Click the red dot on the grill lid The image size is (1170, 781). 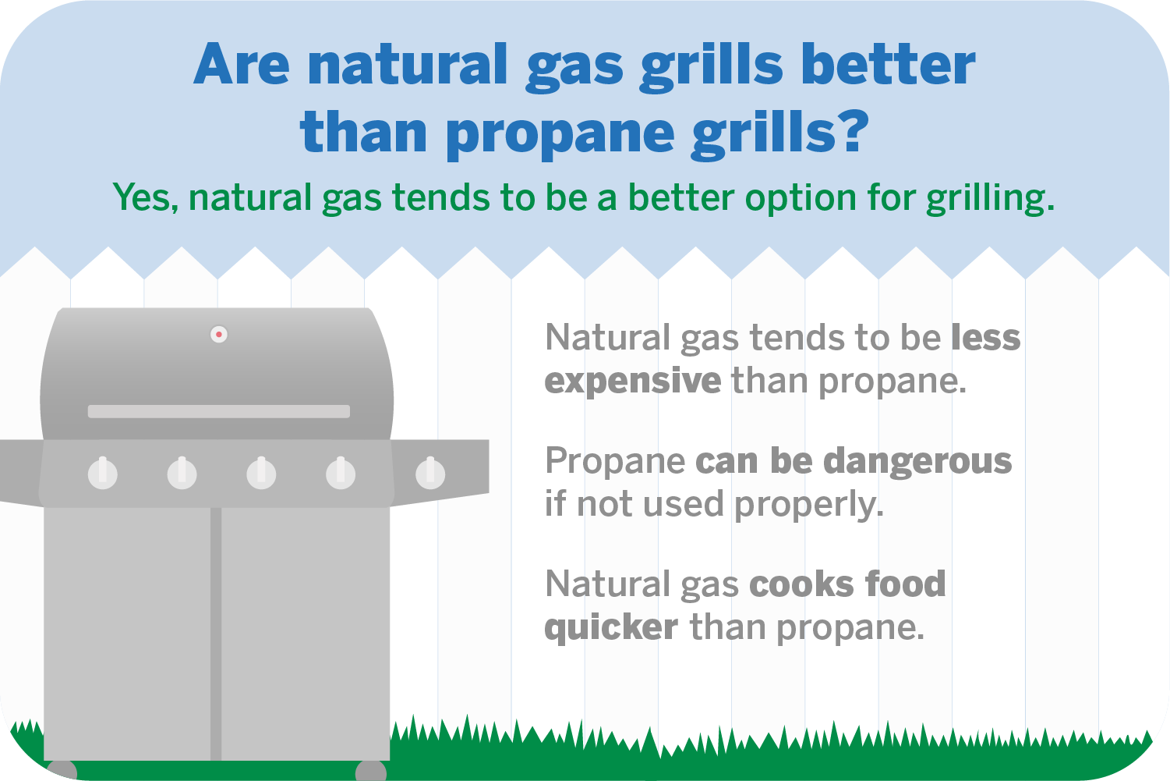pyautogui.click(x=219, y=335)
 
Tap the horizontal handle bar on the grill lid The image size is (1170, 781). pyautogui.click(x=218, y=411)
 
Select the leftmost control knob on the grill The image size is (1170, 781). pyautogui.click(x=103, y=473)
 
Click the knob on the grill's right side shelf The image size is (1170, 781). pyautogui.click(x=429, y=473)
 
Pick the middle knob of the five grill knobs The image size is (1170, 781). pyautogui.click(x=261, y=473)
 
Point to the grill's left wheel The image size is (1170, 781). pyautogui.click(x=62, y=770)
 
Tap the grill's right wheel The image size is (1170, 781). pyautogui.click(x=371, y=771)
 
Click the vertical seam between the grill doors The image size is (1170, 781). pyautogui.click(x=216, y=632)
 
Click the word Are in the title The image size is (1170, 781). pyautogui.click(x=242, y=65)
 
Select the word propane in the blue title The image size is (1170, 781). pyautogui.click(x=560, y=134)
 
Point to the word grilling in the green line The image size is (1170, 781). pyautogui.click(x=989, y=199)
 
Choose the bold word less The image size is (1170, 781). pyautogui.click(x=985, y=338)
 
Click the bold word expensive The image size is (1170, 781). pyautogui.click(x=633, y=382)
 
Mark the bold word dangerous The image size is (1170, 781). pyautogui.click(x=917, y=461)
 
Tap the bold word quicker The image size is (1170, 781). pyautogui.click(x=611, y=627)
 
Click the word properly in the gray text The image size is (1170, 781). pyautogui.click(x=808, y=505)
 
